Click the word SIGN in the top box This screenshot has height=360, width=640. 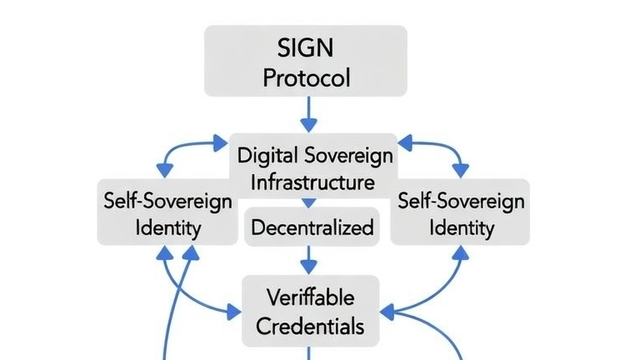(307, 46)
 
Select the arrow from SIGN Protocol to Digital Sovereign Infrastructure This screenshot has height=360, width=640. (309, 112)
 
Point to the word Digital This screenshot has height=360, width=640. (265, 154)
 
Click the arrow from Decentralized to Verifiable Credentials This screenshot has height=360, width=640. (309, 259)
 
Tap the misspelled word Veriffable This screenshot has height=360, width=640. (311, 297)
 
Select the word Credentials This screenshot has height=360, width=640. (311, 326)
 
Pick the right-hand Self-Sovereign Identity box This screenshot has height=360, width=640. (459, 212)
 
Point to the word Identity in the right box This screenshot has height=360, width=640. (462, 227)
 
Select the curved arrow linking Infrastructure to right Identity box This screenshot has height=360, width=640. (437, 152)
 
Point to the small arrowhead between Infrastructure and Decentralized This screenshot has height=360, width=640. (309, 202)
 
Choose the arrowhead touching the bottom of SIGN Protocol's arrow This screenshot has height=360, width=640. (309, 124)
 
